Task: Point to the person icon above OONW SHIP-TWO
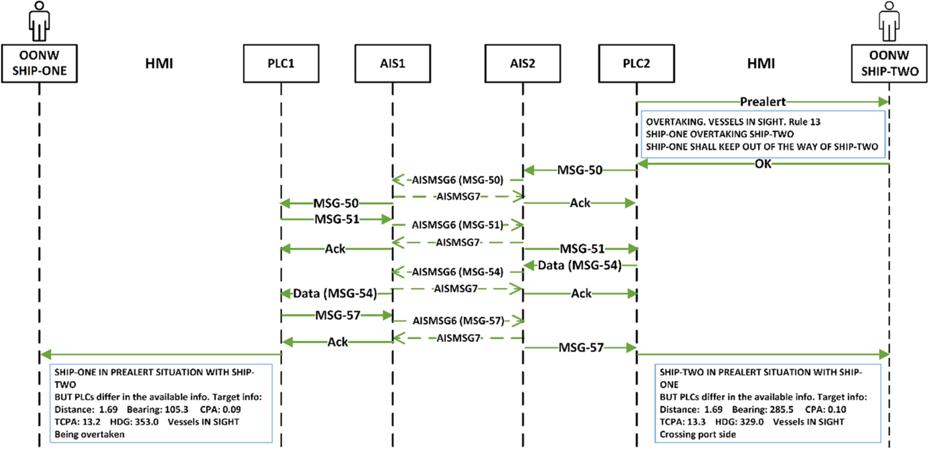pos(888,20)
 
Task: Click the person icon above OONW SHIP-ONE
pos(39,20)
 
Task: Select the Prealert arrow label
pos(763,102)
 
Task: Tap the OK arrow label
pos(763,164)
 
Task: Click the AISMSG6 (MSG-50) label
pos(457,180)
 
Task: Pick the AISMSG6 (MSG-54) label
pos(457,272)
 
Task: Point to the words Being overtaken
pos(85,433)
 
